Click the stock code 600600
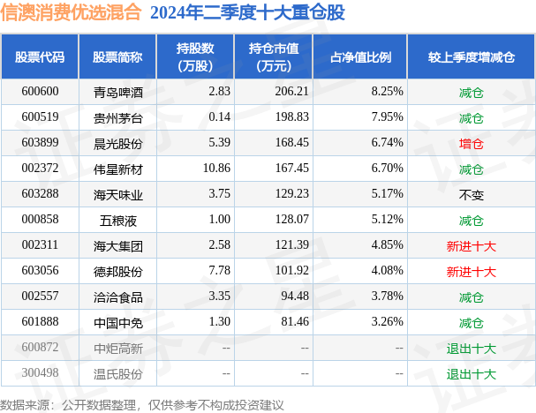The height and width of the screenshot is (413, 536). point(40,91)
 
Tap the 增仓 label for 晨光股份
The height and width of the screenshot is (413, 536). point(472,142)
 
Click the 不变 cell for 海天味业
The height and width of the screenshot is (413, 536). point(472,193)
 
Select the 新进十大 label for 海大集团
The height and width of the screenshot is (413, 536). point(472,244)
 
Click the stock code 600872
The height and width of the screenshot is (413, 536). point(40,347)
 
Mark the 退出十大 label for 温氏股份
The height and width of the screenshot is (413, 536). point(472,372)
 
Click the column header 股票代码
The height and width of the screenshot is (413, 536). point(40,57)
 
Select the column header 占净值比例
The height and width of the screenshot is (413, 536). point(360,57)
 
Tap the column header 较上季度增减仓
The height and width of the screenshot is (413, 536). point(472,57)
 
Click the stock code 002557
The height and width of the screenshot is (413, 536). point(40,296)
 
